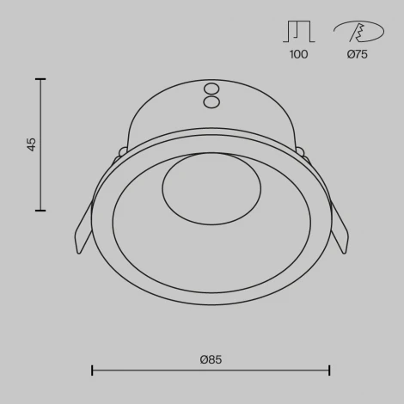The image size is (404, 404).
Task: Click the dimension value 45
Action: point(32,144)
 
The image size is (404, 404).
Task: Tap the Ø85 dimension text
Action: point(211,359)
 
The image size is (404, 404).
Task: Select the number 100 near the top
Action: point(298,54)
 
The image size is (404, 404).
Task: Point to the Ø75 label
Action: point(357,54)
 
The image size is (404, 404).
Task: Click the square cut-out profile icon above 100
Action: point(298,31)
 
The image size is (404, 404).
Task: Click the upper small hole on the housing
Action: point(211,89)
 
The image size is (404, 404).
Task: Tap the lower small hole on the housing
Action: point(211,102)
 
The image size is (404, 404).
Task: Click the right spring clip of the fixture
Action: point(339,228)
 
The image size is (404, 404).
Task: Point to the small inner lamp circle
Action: point(211,189)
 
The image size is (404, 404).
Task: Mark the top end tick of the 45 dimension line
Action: point(40,79)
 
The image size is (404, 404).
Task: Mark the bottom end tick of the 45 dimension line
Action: point(40,210)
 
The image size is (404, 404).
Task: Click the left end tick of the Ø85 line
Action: point(92,370)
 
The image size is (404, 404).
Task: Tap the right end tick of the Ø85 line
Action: point(329,370)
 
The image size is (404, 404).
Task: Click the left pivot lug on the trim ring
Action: point(123,152)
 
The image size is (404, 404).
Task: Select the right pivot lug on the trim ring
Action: point(300,152)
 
